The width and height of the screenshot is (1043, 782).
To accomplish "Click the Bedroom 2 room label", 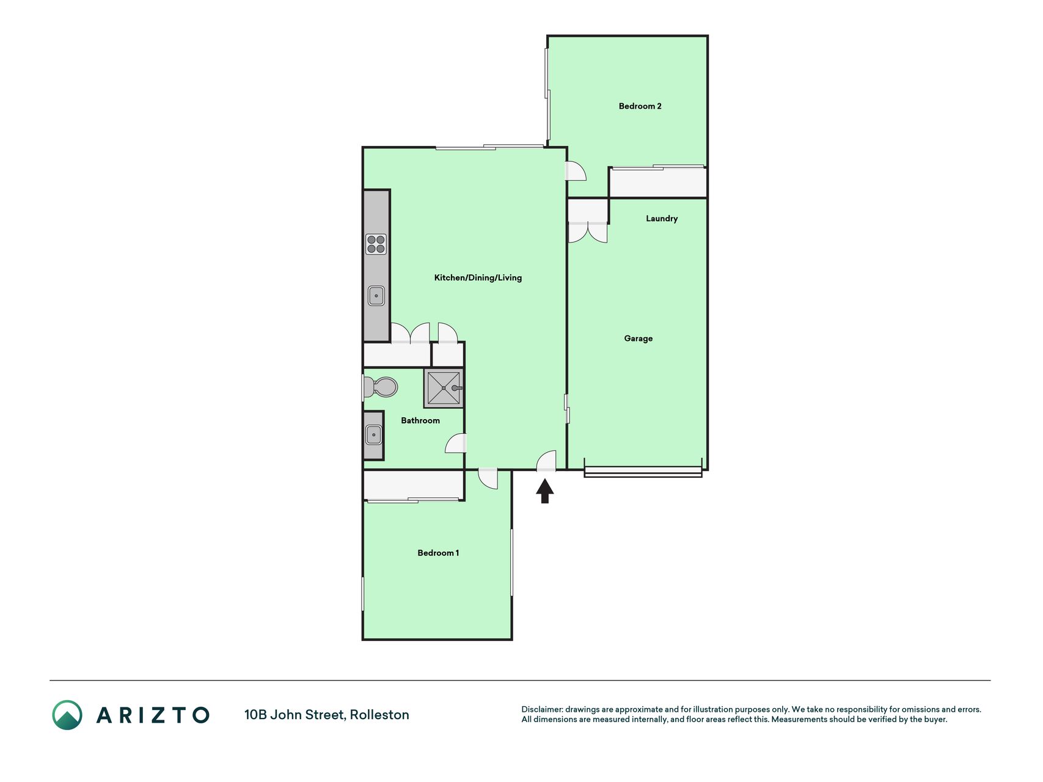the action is (640, 106).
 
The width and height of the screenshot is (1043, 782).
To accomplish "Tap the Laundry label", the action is (662, 219).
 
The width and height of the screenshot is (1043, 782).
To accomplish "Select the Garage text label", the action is (639, 338).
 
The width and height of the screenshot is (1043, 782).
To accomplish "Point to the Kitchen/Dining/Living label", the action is (478, 278).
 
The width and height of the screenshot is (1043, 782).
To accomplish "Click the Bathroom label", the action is (420, 420).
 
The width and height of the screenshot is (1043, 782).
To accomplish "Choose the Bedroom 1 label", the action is (438, 553).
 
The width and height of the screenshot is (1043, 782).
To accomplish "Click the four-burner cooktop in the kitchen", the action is (376, 244).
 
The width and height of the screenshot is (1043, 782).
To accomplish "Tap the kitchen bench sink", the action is (376, 296).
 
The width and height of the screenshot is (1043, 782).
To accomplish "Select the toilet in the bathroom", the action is (379, 387).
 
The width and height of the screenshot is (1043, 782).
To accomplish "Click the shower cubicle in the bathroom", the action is (444, 388).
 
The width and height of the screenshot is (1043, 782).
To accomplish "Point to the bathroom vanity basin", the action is (373, 435).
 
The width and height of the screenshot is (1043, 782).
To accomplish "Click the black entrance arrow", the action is (545, 491).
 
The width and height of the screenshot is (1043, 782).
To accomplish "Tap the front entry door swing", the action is (546, 461).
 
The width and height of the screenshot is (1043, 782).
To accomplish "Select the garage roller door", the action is (643, 471).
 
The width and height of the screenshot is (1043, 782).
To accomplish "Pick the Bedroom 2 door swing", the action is (576, 171).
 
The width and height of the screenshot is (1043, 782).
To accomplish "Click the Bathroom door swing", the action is (456, 443).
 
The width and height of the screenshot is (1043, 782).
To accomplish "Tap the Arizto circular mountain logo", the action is (67, 715).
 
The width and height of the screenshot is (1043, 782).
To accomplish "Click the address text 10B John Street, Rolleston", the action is (327, 715).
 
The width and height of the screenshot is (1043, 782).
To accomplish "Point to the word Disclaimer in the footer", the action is (542, 709).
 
